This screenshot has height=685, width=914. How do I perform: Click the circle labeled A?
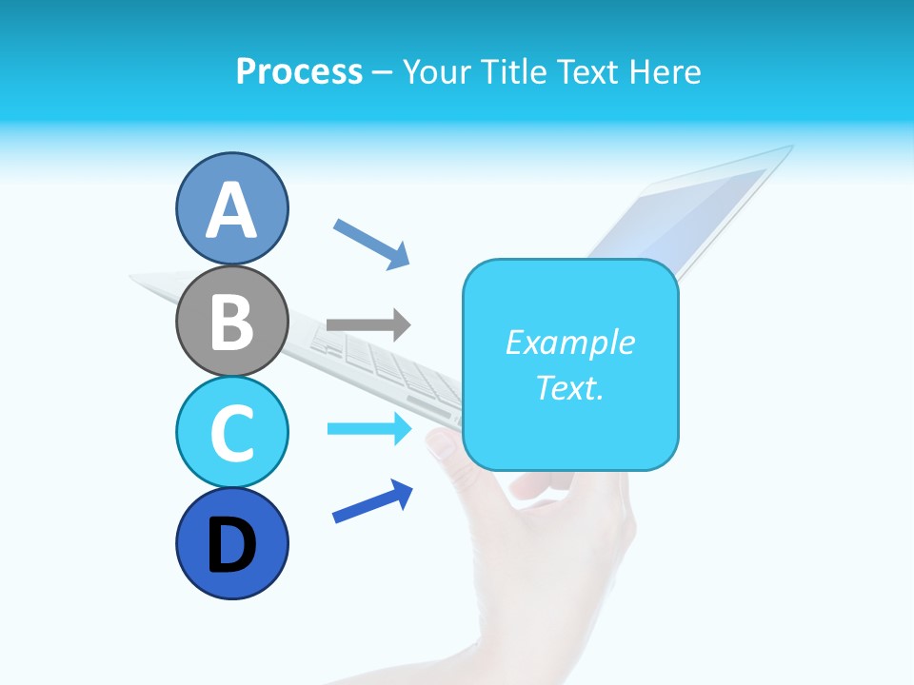click(231, 208)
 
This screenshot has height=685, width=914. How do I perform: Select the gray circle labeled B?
click(231, 321)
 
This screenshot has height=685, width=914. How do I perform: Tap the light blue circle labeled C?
click(231, 432)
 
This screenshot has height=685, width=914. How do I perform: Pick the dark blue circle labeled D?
click(231, 543)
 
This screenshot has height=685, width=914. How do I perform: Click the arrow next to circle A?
click(371, 243)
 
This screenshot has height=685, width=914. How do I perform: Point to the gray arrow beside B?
click(368, 324)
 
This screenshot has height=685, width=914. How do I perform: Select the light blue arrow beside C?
click(369, 429)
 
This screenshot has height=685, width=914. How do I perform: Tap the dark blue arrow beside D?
click(372, 501)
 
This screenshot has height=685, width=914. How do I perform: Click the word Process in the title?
click(299, 72)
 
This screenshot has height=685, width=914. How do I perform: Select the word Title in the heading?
click(513, 72)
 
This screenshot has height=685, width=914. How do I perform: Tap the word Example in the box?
click(569, 342)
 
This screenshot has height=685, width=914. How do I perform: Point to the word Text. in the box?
click(569, 387)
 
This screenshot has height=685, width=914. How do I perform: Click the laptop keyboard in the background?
click(381, 362)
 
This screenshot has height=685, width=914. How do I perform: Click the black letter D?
click(231, 545)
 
